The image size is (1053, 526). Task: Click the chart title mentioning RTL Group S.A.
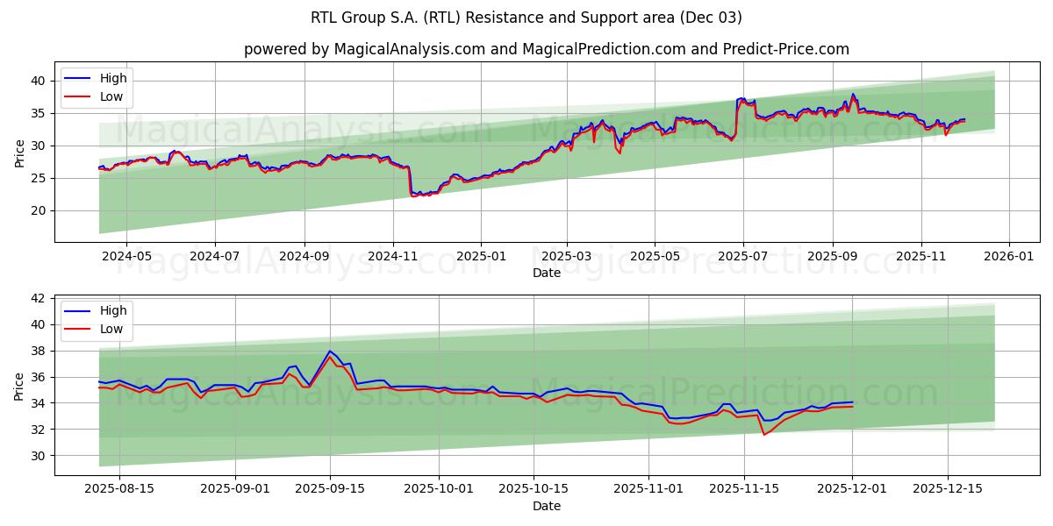coord(526,18)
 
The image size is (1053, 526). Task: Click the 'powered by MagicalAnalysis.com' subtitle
coord(546,49)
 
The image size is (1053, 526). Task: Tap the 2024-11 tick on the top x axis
coord(392,257)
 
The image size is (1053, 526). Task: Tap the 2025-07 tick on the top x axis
coord(743,257)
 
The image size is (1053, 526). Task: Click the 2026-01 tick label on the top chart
coord(1008,257)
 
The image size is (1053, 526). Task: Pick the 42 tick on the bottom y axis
coord(39,298)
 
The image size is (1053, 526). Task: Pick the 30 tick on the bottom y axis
coord(39,456)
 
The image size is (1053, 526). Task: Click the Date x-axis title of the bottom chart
coord(546,506)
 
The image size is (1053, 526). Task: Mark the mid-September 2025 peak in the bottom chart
coord(330,352)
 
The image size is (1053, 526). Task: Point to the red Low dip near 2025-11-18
coord(764,434)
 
